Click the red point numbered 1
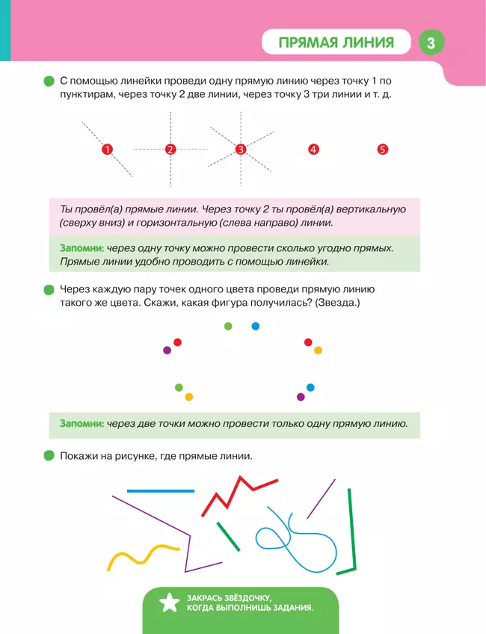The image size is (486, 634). point(107,150)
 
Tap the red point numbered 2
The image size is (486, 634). point(170,150)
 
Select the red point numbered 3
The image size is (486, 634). point(241,150)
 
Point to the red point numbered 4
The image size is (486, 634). point(313,150)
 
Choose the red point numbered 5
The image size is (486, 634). point(382,150)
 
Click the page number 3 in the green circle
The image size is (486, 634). point(431,43)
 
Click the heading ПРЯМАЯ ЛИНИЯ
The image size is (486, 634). point(336,43)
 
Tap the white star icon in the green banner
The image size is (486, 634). point(169,601)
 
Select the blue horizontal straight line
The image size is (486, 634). point(160,491)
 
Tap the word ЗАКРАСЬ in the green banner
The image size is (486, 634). point(212,596)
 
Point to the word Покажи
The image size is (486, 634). point(78,455)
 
